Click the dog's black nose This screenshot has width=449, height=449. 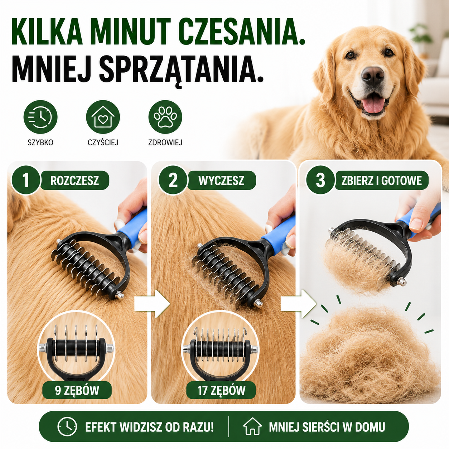(x=373, y=76)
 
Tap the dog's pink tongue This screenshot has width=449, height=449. (x=373, y=105)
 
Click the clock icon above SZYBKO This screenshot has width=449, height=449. (x=40, y=117)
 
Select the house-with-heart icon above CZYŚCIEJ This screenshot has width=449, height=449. (x=103, y=117)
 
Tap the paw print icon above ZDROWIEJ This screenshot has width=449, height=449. (x=165, y=117)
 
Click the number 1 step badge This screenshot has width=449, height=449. (x=26, y=180)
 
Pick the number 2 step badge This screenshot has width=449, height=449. (x=173, y=180)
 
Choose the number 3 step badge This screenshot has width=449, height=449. (x=320, y=180)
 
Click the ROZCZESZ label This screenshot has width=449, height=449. (x=75, y=180)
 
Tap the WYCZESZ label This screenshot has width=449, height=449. (x=221, y=180)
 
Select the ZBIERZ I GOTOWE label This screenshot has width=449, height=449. (x=381, y=180)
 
